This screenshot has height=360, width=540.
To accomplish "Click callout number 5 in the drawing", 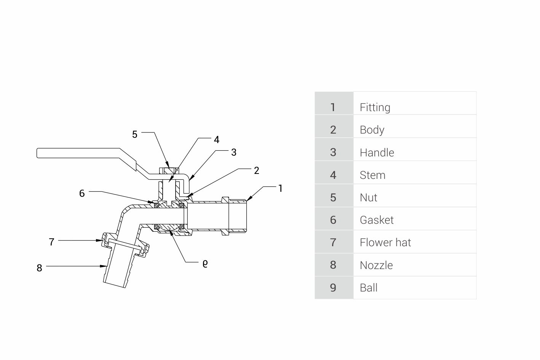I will click(134, 134).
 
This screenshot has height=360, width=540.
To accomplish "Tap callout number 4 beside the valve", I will click(216, 140).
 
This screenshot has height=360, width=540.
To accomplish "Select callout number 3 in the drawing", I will click(233, 152).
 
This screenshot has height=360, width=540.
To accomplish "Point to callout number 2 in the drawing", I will click(256, 170).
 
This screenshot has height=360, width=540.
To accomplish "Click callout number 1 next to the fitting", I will click(280, 188).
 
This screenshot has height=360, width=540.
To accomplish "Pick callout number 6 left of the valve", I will click(82, 193).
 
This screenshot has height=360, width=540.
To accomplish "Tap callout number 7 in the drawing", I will click(52, 242).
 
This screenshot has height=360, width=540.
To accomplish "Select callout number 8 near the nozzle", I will click(39, 268).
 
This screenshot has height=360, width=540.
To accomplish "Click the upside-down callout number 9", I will click(205, 263).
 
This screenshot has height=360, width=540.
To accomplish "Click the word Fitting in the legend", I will click(375, 107).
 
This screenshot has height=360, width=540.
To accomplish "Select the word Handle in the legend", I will click(377, 153).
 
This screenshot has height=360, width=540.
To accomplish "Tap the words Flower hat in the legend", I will click(385, 242).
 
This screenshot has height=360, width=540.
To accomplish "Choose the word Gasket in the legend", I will click(376, 220).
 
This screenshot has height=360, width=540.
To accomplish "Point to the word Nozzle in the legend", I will click(376, 265).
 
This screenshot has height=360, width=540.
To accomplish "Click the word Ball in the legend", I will click(368, 288).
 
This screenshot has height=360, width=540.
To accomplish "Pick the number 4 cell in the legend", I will click(333, 175).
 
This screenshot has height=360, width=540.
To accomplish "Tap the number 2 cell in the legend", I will click(333, 130).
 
